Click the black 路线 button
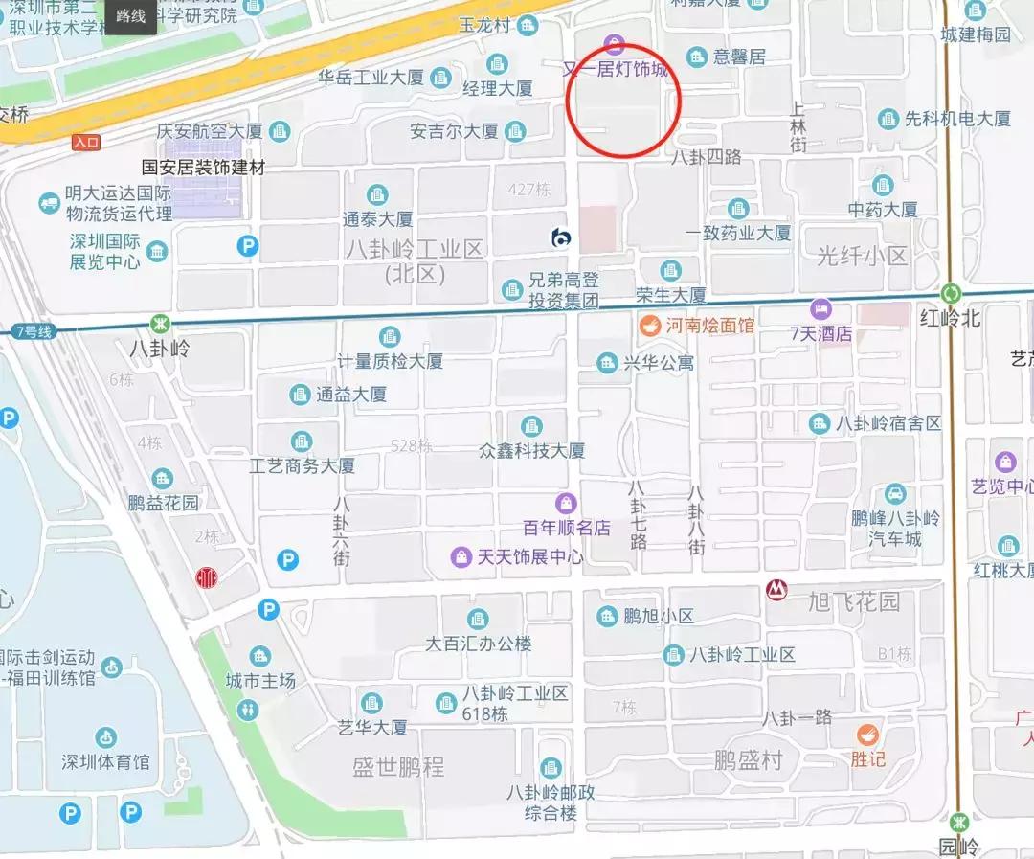click(x=130, y=16)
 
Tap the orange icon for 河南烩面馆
click(x=649, y=326)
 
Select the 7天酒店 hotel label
click(x=820, y=334)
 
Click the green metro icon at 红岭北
click(x=951, y=293)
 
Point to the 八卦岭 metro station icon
click(x=157, y=325)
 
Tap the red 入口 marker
click(x=86, y=143)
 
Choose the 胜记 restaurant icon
click(x=867, y=735)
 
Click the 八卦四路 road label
click(x=707, y=156)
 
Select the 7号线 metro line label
click(x=34, y=332)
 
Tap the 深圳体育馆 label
click(x=105, y=762)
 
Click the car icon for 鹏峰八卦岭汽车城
click(x=895, y=494)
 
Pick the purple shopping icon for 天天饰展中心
click(x=462, y=556)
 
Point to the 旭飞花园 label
click(x=854, y=601)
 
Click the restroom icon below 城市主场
click(x=249, y=709)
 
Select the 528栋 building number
click(x=412, y=445)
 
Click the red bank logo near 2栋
click(x=205, y=577)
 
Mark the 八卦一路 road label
click(x=797, y=717)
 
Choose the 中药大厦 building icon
click(x=883, y=184)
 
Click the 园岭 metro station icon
click(x=959, y=821)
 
